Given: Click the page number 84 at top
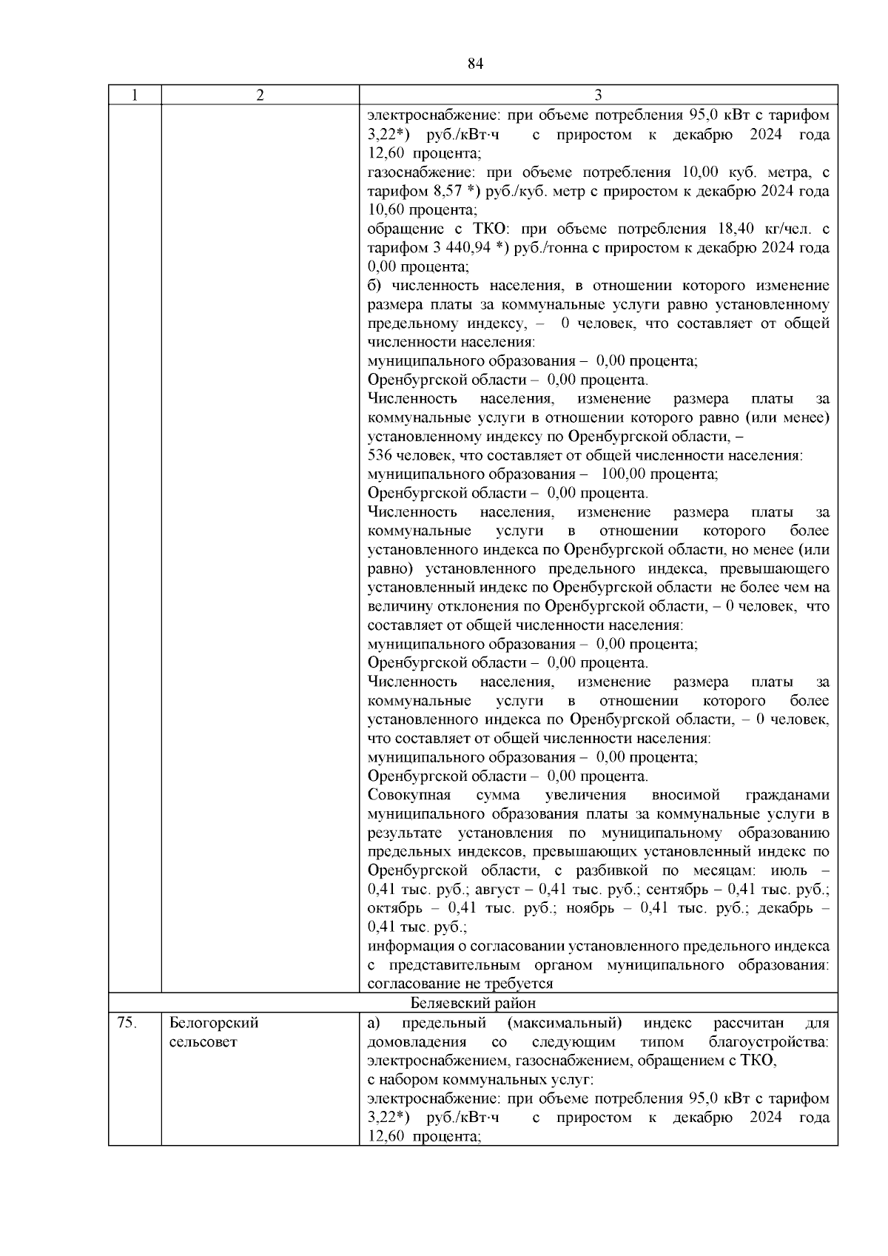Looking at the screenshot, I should pyautogui.click(x=475, y=64).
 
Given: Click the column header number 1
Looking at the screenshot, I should pyautogui.click(x=134, y=95).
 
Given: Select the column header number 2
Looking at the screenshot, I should pyautogui.click(x=260, y=95).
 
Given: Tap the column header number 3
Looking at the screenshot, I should pyautogui.click(x=598, y=95).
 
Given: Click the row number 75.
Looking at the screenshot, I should pyautogui.click(x=127, y=1023).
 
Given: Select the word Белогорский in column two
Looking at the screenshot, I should pyautogui.click(x=214, y=1023).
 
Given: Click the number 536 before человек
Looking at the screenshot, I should pyautogui.click(x=380, y=455).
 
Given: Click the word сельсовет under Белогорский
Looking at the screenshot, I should pyautogui.click(x=203, y=1042).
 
